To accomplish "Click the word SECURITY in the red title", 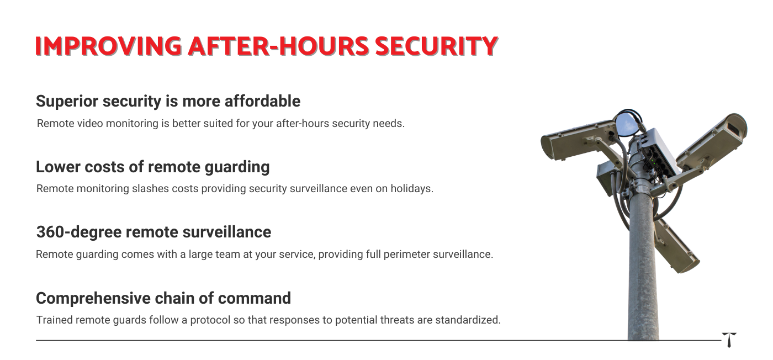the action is point(437,46).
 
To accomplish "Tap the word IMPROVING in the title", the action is point(108,46).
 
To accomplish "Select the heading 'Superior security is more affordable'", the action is point(168,101).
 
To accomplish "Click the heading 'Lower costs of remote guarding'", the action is point(152,167).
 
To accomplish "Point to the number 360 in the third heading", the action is point(50,232).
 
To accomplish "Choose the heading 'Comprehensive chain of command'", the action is point(163,298).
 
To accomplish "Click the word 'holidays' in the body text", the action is point(412,189).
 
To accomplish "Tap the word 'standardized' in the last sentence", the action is point(468,320).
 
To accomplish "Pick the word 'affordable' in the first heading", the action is point(263,101).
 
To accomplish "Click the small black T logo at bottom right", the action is point(729,340).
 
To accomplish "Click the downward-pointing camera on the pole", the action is point(676,247).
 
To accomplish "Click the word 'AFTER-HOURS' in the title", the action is point(278,46).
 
